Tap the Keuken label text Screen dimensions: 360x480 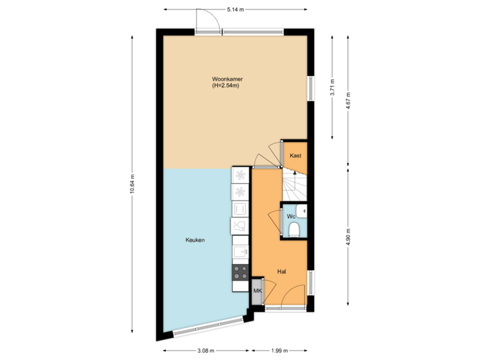pos(195,240)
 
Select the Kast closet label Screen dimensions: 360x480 pos(296,156)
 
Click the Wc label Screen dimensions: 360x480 pos(291,217)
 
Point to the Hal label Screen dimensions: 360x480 pos(283,272)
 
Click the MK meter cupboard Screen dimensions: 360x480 pos(257,291)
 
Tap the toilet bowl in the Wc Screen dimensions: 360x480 pos(294,230)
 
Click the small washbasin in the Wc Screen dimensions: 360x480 pos(304,213)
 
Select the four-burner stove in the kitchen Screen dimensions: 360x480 pos(240,271)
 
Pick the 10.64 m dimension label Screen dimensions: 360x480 pos(133,183)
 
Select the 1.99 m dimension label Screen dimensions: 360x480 pos(279,351)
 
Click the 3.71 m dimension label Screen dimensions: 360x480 pos(333,88)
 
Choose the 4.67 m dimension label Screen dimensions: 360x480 pos(348,100)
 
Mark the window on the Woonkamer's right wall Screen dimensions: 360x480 pos(310,89)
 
